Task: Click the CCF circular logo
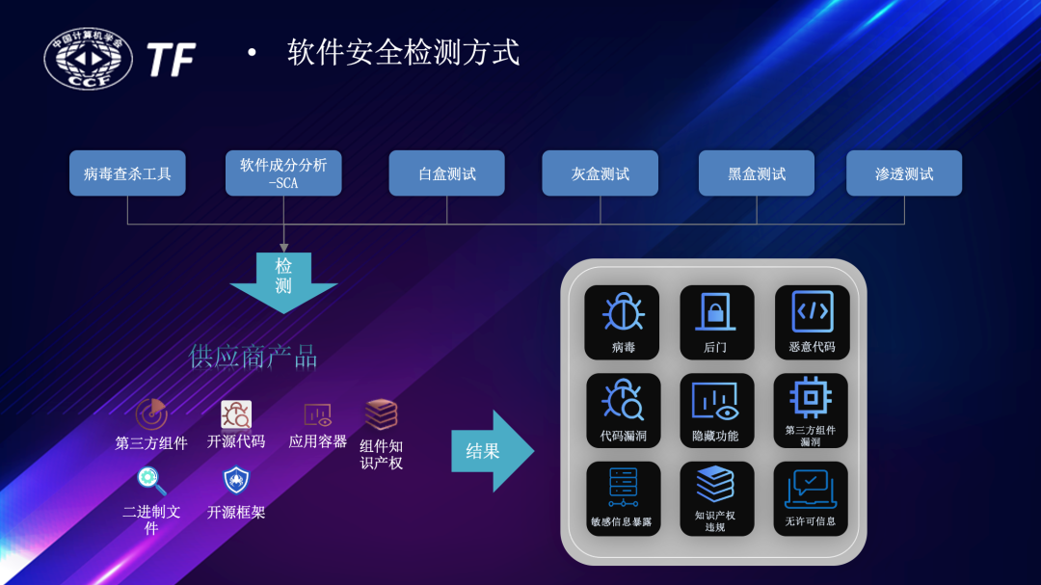(x=89, y=60)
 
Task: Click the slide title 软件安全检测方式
(x=403, y=52)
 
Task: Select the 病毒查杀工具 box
(x=127, y=173)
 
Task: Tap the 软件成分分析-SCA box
(x=283, y=173)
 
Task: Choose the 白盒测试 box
(x=446, y=173)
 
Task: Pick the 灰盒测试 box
(x=600, y=173)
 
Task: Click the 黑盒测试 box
(x=757, y=173)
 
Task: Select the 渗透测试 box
(x=904, y=173)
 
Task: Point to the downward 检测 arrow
(x=283, y=280)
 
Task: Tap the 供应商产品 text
(x=253, y=358)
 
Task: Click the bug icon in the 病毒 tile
(x=623, y=312)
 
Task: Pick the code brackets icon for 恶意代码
(x=813, y=311)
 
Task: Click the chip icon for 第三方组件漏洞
(x=811, y=396)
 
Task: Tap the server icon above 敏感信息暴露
(x=623, y=488)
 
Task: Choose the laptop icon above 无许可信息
(x=811, y=488)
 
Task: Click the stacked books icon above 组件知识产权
(x=381, y=414)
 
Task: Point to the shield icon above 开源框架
(x=236, y=479)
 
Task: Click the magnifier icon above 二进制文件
(x=151, y=479)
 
